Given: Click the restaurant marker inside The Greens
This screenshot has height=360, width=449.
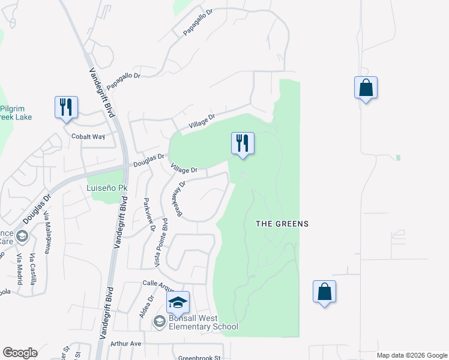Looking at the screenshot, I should point(243,143).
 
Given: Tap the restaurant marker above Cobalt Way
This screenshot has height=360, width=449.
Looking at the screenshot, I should point(66,107).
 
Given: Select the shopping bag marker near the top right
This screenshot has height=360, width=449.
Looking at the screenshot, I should point(366,88).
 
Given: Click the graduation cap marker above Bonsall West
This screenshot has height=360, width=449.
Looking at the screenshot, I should point(178,302).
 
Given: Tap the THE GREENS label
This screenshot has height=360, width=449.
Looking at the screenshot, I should point(282,224).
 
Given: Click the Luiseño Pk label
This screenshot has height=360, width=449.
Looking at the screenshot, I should point(107,188).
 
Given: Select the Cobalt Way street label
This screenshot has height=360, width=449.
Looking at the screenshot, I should point(88,137).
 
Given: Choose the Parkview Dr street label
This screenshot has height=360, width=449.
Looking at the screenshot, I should point(149,215).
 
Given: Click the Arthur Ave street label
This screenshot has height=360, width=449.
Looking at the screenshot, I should point(125,344).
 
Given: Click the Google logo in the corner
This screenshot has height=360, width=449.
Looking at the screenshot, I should point(20,353).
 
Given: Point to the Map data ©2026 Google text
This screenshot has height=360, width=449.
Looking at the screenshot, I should point(412,355).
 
